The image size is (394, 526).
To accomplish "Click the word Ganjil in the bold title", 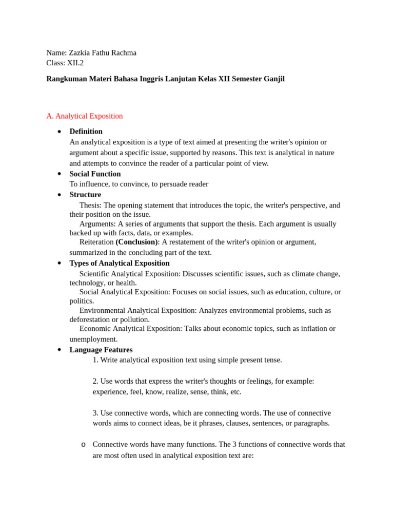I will (x=272, y=79).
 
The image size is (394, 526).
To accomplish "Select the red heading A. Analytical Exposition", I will (x=85, y=116).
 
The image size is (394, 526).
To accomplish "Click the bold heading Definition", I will (x=86, y=131).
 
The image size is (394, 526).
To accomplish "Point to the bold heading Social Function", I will (x=95, y=174).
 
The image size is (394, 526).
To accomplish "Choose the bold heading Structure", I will (x=85, y=195).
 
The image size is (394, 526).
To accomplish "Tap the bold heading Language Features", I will (x=101, y=350).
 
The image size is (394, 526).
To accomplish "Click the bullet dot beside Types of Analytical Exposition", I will (x=60, y=263).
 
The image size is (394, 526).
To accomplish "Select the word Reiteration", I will (x=96, y=242).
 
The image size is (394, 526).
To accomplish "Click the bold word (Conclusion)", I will (x=136, y=242).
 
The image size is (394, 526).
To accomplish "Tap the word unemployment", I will (x=93, y=339).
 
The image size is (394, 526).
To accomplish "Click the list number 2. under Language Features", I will (x=95, y=381).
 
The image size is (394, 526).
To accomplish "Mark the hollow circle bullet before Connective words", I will (x=83, y=445).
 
